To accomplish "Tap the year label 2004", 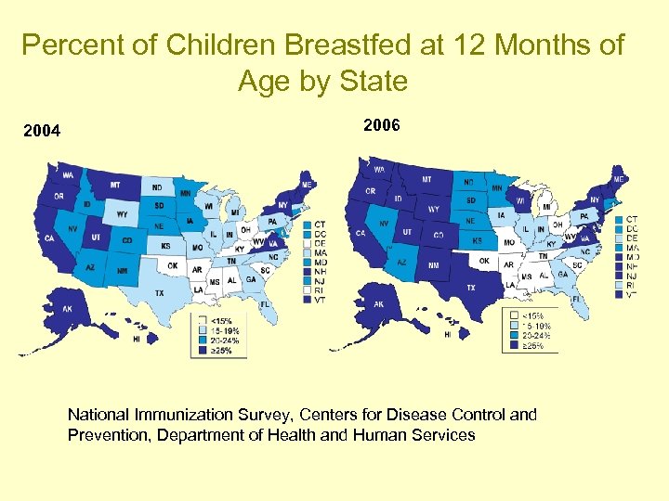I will (42, 131).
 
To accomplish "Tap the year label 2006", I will (382, 124).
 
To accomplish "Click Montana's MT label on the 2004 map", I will (116, 185).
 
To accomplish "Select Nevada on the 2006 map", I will (384, 224).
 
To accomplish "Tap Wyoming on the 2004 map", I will (122, 214).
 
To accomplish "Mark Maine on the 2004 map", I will (308, 183).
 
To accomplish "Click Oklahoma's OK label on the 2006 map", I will (484, 261).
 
